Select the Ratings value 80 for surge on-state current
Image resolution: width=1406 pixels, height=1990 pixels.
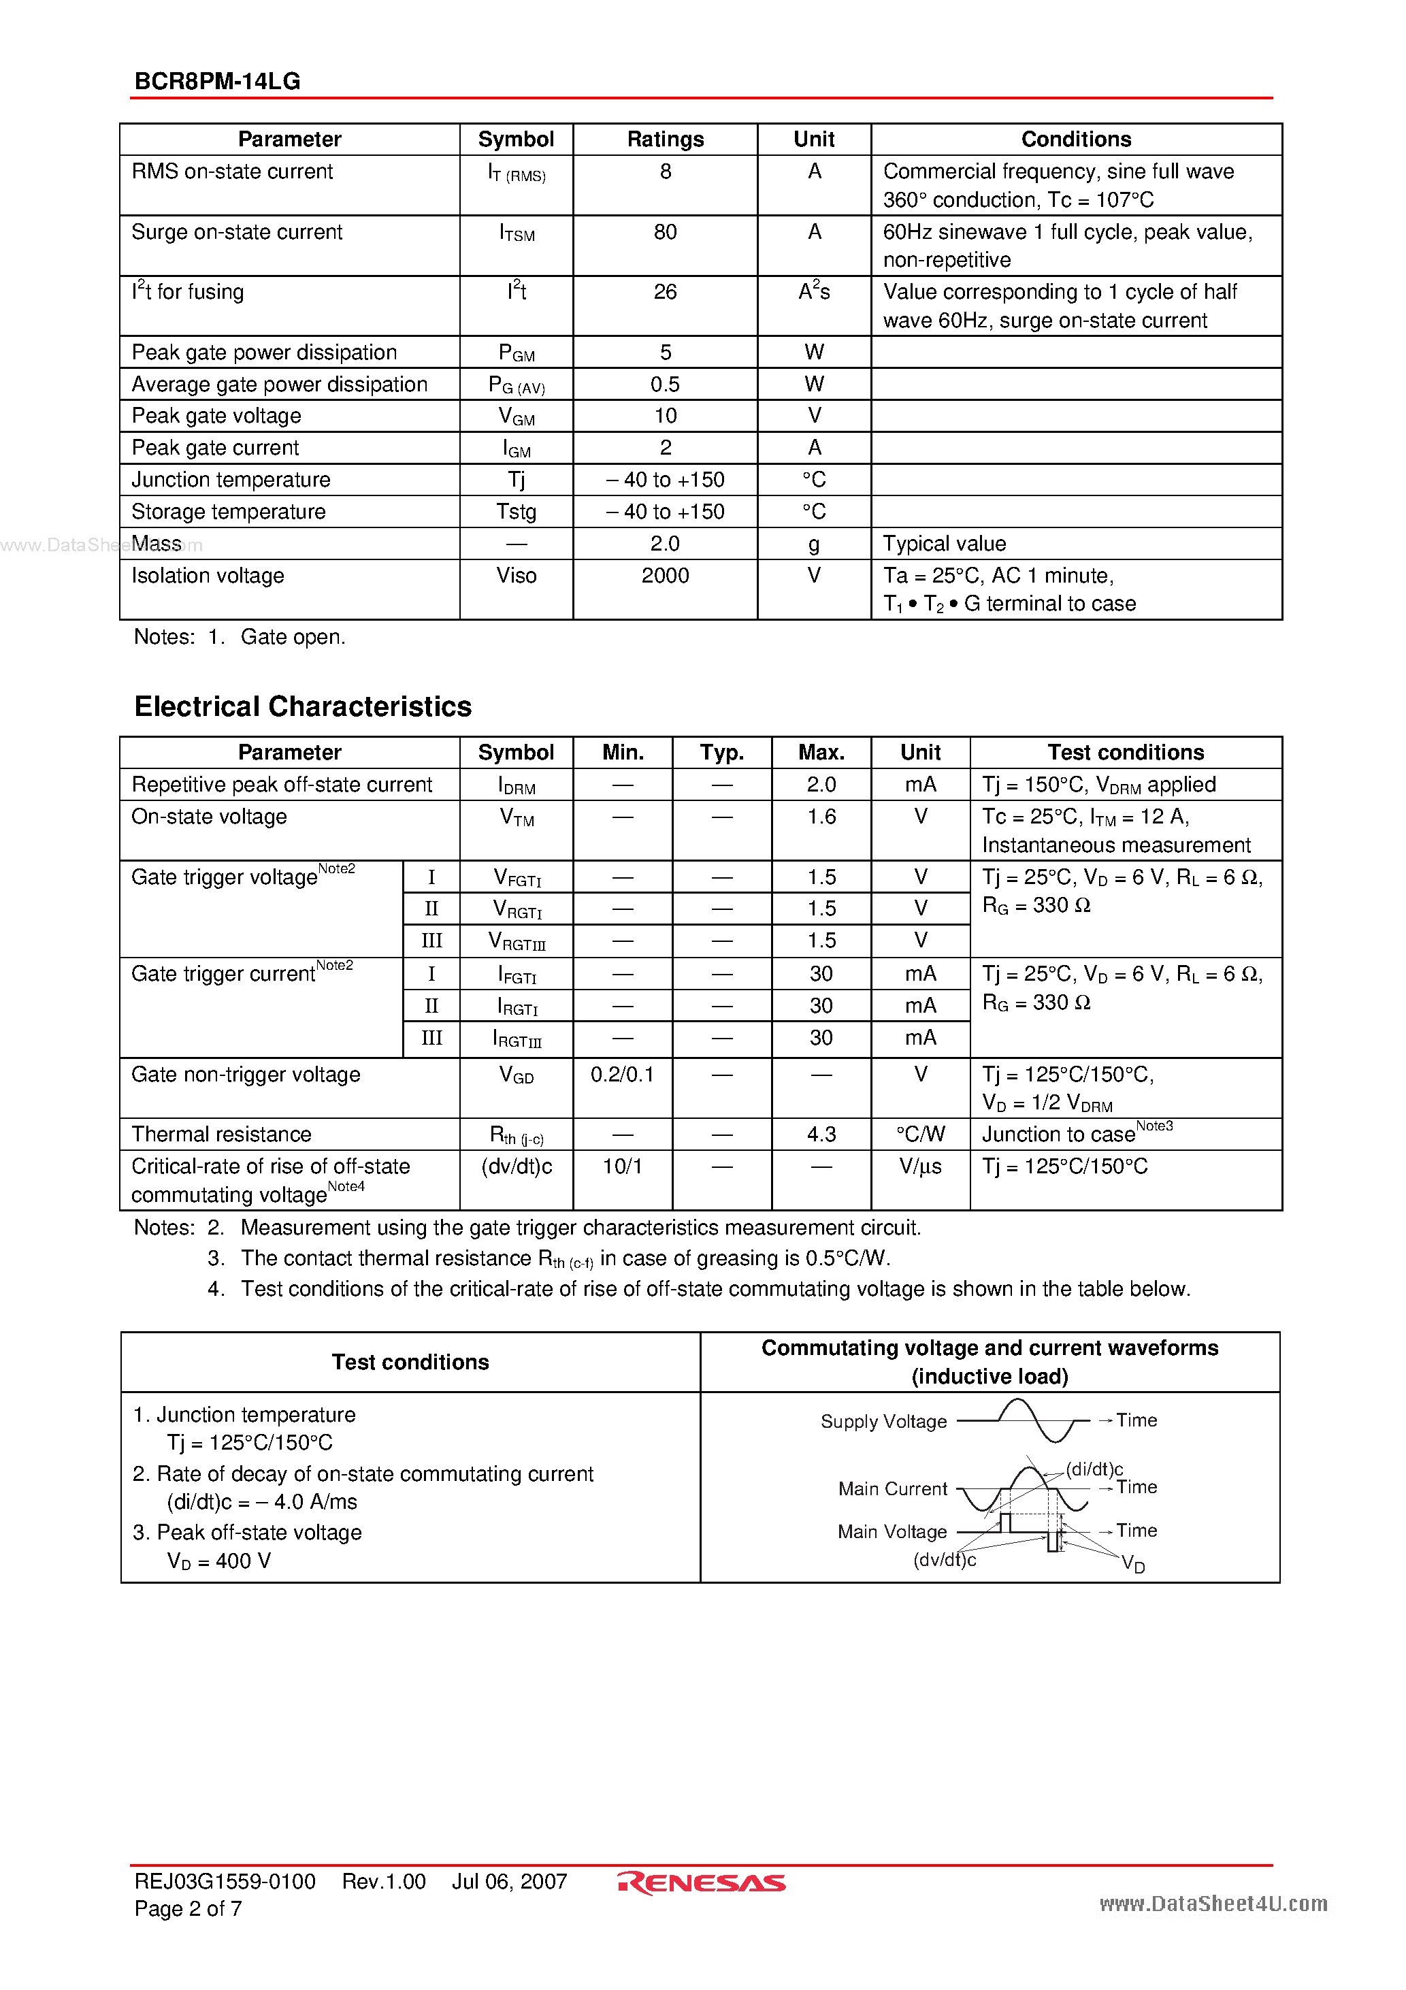pos(665,232)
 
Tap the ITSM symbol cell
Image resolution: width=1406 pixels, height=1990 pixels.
pos(517,233)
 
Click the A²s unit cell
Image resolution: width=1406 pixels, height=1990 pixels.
pos(814,292)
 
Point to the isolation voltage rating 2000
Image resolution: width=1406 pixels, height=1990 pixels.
pos(665,576)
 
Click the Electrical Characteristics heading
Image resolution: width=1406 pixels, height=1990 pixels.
pos(303,706)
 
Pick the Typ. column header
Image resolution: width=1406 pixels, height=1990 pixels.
pos(721,752)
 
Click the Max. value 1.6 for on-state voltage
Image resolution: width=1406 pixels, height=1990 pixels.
pos(821,817)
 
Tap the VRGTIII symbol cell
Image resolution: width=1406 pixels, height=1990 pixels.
pos(517,941)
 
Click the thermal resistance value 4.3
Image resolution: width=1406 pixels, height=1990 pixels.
pos(821,1135)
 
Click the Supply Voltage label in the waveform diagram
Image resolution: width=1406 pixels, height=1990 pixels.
pos(883,1422)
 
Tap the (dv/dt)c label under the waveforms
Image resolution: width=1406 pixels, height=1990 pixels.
pos(944,1560)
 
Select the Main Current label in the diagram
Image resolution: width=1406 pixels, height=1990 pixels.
pos(892,1489)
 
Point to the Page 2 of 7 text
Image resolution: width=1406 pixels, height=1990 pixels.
pos(188,1908)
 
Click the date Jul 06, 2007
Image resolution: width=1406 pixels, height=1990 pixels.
pos(509,1882)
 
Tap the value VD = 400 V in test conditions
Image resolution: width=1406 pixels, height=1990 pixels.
pos(218,1561)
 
